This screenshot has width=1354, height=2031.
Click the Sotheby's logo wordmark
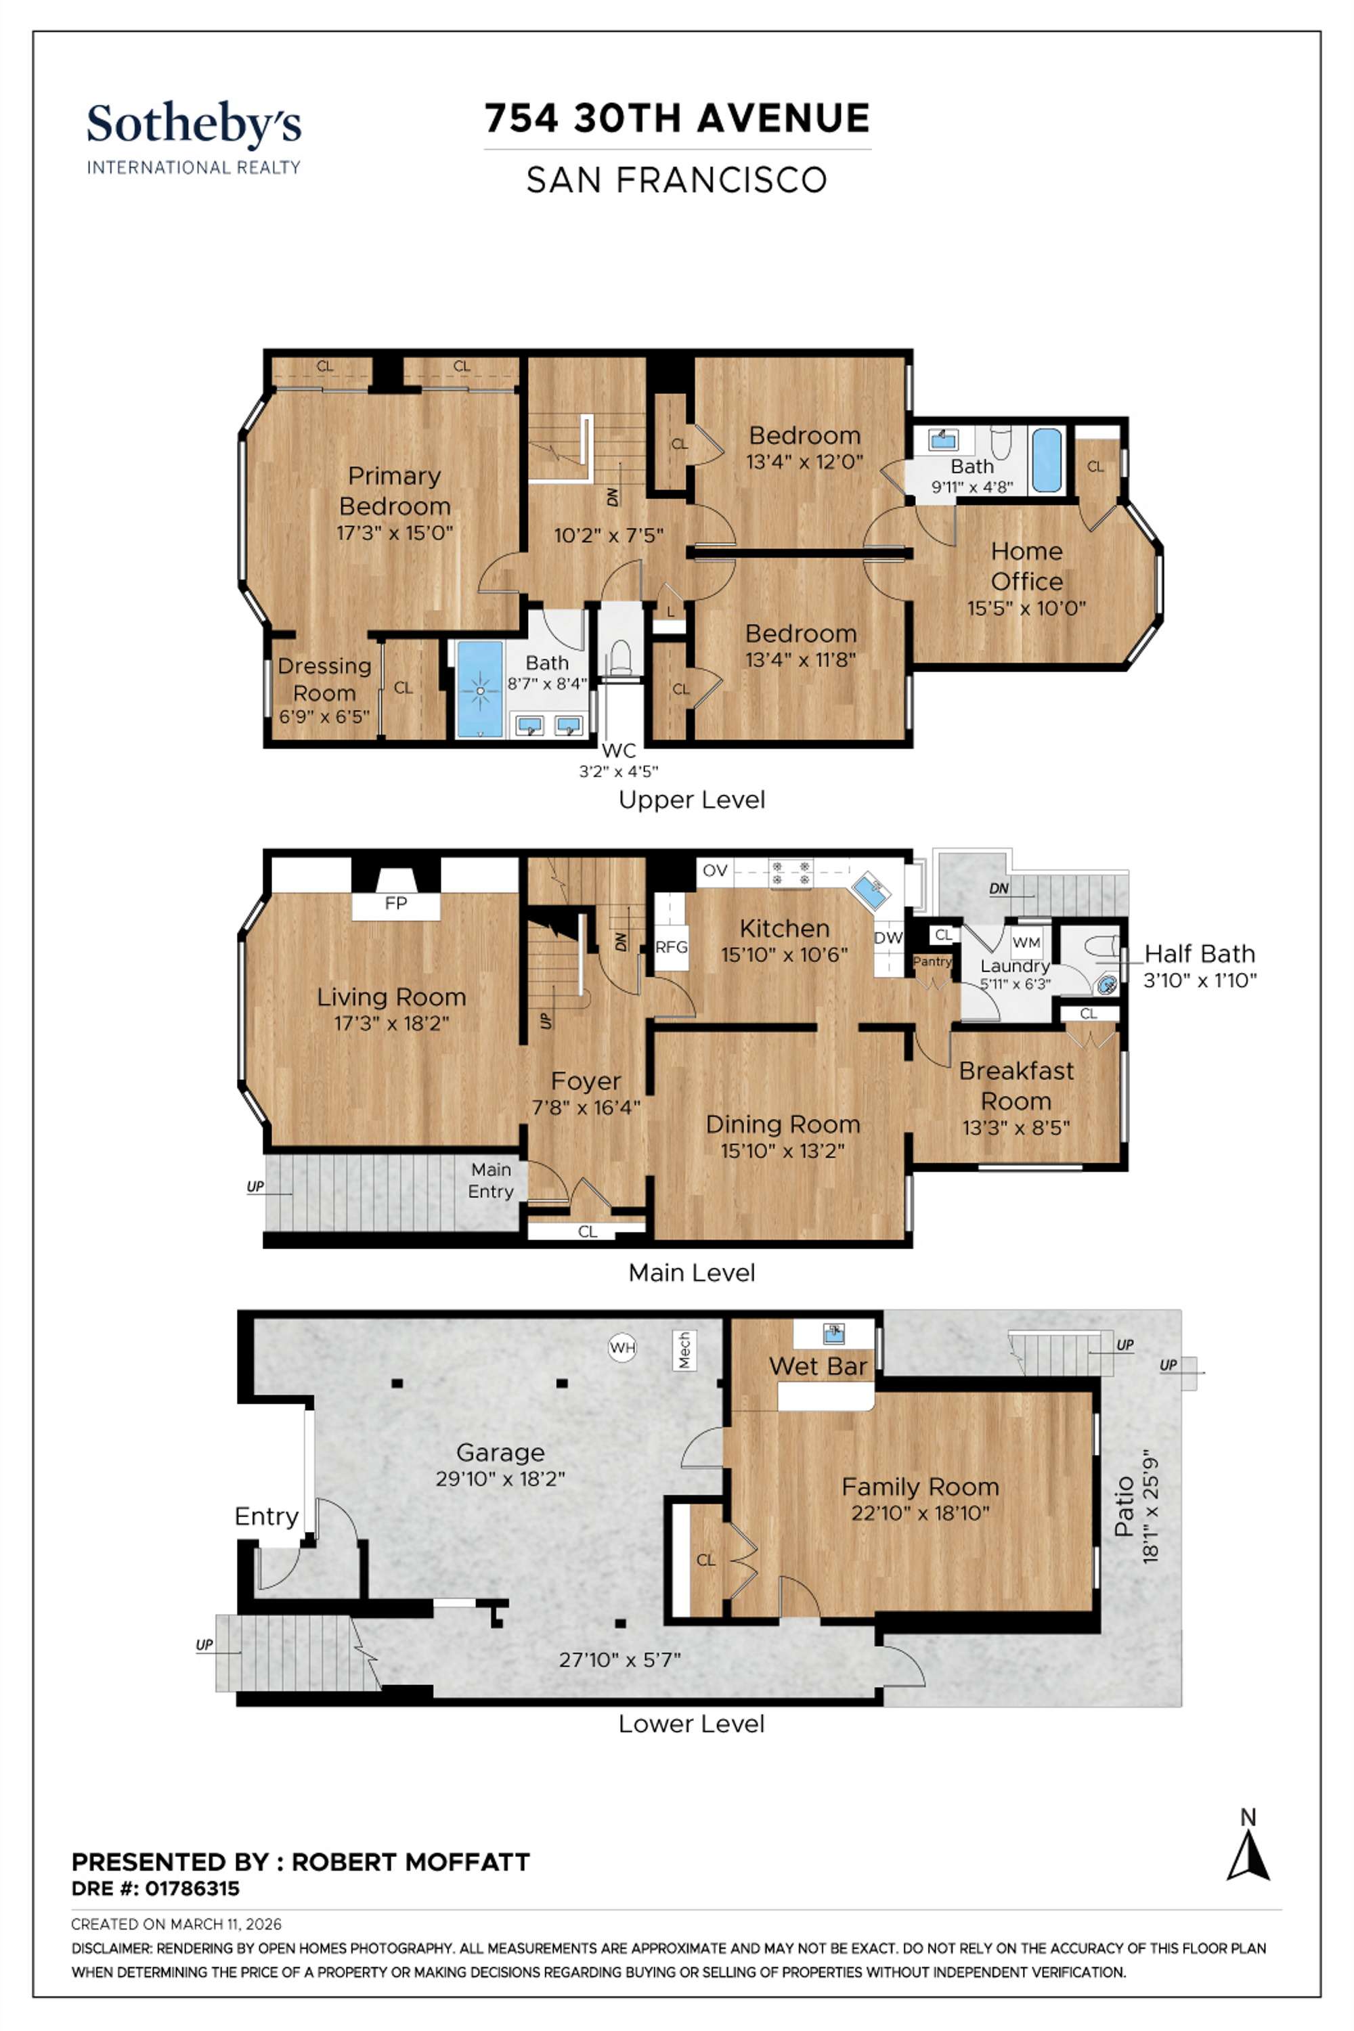194,125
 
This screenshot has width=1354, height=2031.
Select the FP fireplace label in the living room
395,903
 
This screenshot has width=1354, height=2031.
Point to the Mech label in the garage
684,1350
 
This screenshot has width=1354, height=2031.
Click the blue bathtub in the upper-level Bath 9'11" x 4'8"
1046,460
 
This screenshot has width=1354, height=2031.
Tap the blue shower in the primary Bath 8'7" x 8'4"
479,690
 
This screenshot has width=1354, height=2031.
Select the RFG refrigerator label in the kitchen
671,946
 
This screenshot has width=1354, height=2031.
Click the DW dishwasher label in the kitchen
888,938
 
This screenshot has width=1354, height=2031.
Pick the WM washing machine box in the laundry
1026,942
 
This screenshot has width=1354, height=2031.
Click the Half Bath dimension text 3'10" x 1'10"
1200,980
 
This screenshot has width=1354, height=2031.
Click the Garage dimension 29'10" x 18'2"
500,1479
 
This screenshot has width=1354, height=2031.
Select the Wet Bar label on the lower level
818,1366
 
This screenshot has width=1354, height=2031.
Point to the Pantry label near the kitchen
932,961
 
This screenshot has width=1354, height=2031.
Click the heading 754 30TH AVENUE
677,118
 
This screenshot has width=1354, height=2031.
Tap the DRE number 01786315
192,1889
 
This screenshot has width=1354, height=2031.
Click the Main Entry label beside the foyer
490,1181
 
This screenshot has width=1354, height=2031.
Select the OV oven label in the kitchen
715,871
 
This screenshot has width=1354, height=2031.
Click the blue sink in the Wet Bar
833,1333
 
